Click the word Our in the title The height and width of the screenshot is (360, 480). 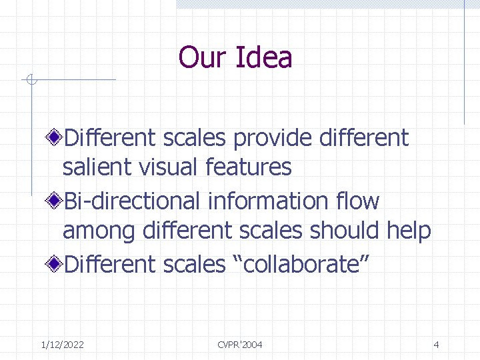[203, 57]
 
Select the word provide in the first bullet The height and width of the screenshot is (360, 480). [273, 138]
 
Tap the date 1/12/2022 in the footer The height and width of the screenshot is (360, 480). [62, 345]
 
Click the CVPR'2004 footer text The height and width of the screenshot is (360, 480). [240, 345]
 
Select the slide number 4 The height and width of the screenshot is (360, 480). [436, 345]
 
